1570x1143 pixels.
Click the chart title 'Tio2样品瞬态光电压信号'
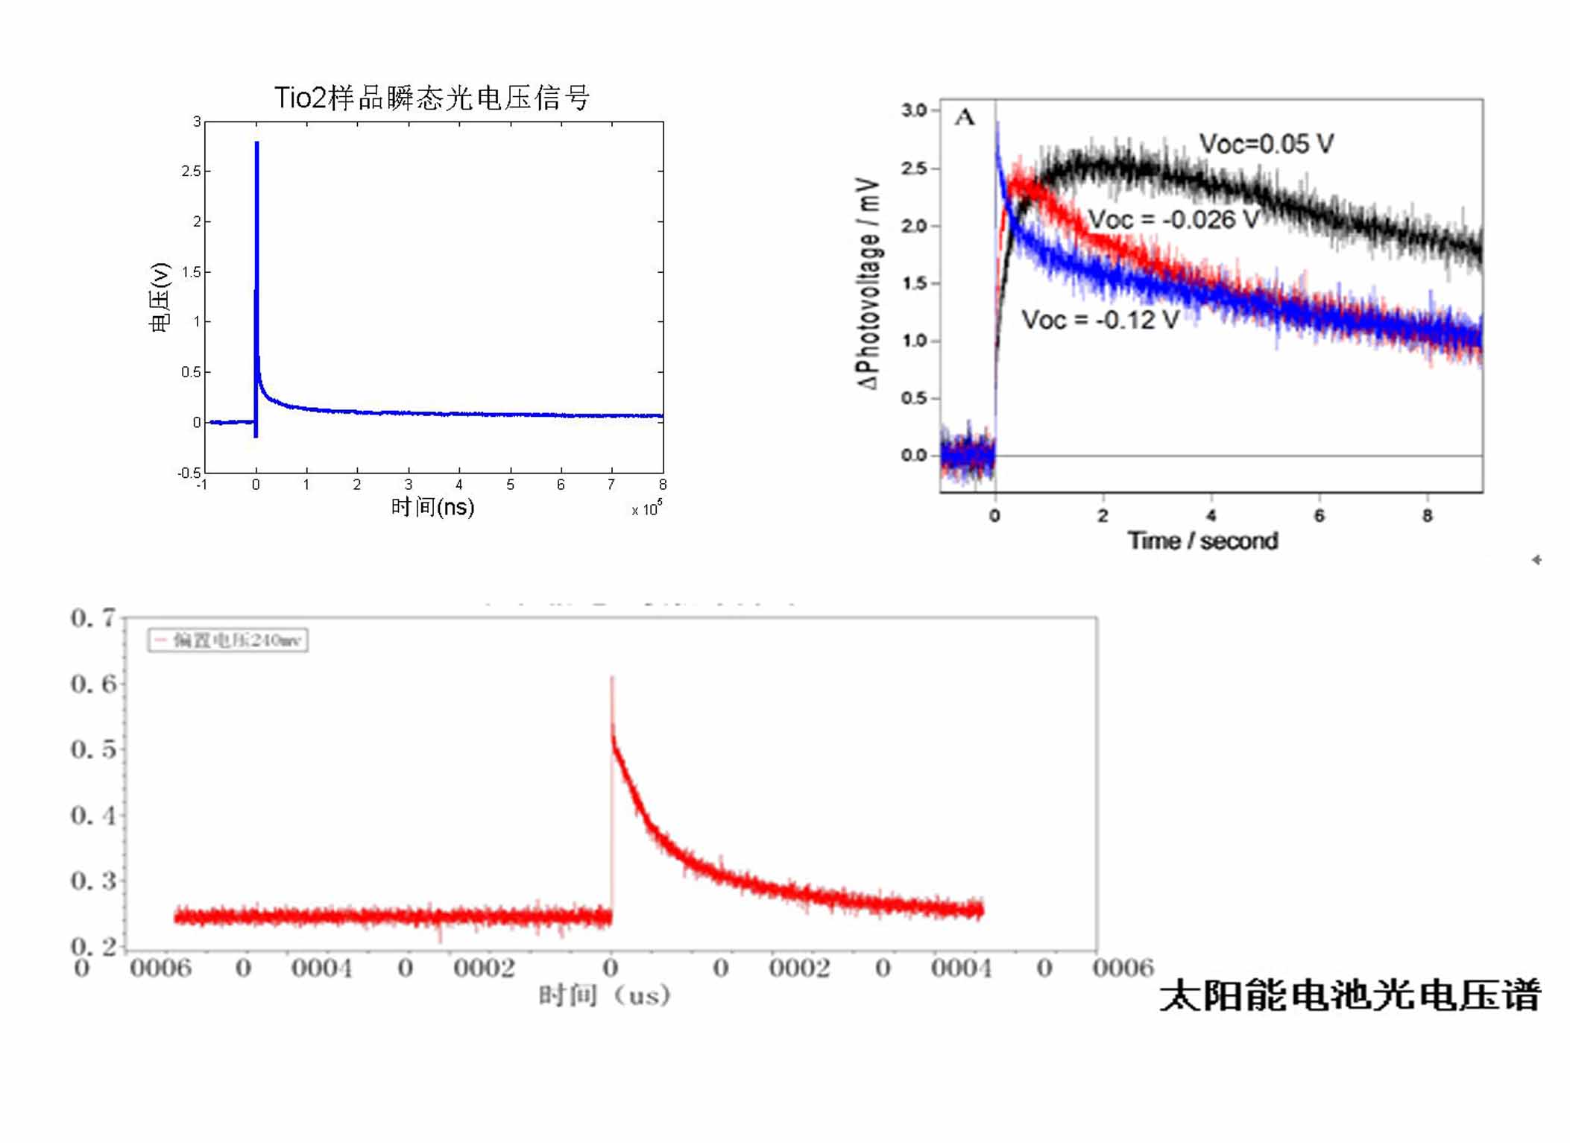coord(432,98)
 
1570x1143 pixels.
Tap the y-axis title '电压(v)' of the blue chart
coord(160,297)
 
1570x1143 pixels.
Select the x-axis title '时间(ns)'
coord(432,507)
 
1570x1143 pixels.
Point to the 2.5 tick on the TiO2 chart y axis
coord(191,171)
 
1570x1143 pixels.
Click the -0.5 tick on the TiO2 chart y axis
coord(189,473)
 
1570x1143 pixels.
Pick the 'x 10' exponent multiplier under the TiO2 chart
coord(646,509)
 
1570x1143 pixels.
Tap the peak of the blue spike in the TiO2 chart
coord(256,142)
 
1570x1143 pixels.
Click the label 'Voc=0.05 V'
coord(1266,144)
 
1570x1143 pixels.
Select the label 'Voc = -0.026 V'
coord(1173,220)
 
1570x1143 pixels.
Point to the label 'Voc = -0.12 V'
coord(1100,320)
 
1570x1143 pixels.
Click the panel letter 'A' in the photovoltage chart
coord(964,117)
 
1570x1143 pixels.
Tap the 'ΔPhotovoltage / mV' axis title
coord(868,283)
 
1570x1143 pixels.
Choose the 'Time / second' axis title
coord(1202,541)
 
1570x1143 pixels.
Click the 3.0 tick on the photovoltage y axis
coord(913,110)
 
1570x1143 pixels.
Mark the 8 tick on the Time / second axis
coord(1427,516)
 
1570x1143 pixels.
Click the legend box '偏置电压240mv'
coord(228,640)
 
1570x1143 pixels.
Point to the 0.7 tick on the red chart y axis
coord(93,618)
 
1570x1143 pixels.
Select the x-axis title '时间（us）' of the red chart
coord(604,995)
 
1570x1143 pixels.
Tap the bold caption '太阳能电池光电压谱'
coord(1349,995)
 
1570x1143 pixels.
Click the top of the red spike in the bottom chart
coord(612,678)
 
